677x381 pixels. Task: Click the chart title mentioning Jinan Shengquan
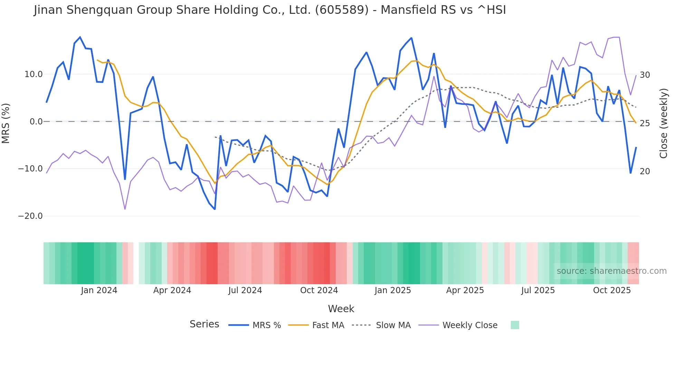tap(270, 10)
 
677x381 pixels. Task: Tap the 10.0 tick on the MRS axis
tap(34, 74)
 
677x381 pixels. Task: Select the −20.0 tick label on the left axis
tap(30, 216)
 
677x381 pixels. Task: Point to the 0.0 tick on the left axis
tap(36, 122)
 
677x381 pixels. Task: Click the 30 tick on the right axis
tap(645, 75)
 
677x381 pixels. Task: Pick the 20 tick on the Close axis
tap(645, 171)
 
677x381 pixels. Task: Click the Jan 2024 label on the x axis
tap(99, 290)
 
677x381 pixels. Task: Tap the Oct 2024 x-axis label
tap(319, 290)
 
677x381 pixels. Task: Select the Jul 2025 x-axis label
tap(538, 290)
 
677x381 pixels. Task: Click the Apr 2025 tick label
tap(465, 290)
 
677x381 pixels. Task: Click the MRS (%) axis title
tap(6, 123)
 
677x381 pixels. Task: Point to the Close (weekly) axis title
tap(663, 123)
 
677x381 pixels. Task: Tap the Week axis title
tap(341, 309)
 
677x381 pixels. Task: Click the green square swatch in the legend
tap(515, 325)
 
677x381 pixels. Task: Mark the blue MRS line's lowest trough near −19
tap(214, 209)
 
